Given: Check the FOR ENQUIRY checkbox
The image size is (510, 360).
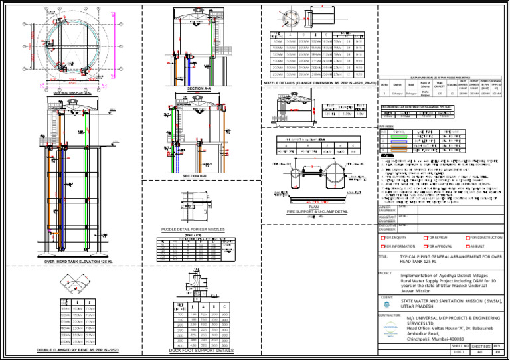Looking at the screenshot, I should click(x=382, y=237).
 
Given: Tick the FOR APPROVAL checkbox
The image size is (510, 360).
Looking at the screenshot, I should click(x=426, y=246).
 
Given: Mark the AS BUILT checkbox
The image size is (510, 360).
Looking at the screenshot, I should click(x=469, y=246).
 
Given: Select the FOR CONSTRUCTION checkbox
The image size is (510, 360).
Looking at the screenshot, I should click(x=469, y=237).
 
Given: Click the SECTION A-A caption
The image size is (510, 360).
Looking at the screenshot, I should click(x=199, y=88).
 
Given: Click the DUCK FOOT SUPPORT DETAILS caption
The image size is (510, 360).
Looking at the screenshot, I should click(x=202, y=350).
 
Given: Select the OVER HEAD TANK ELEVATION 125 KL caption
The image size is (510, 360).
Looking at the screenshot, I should click(x=82, y=262).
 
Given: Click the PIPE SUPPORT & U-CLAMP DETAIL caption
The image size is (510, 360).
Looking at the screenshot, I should click(x=317, y=211).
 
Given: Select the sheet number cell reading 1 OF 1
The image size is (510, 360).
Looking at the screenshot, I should click(x=460, y=351).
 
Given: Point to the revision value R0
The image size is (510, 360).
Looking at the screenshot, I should click(x=501, y=351).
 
